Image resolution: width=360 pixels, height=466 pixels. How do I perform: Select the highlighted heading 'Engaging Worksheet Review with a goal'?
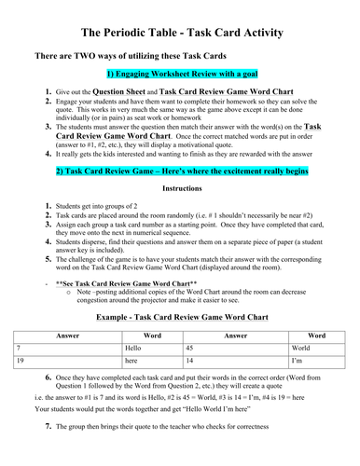[x=180, y=75]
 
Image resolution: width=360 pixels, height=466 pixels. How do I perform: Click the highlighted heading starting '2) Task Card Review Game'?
[x=180, y=172]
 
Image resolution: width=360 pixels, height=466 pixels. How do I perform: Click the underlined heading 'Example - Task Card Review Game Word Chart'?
[x=182, y=316]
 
